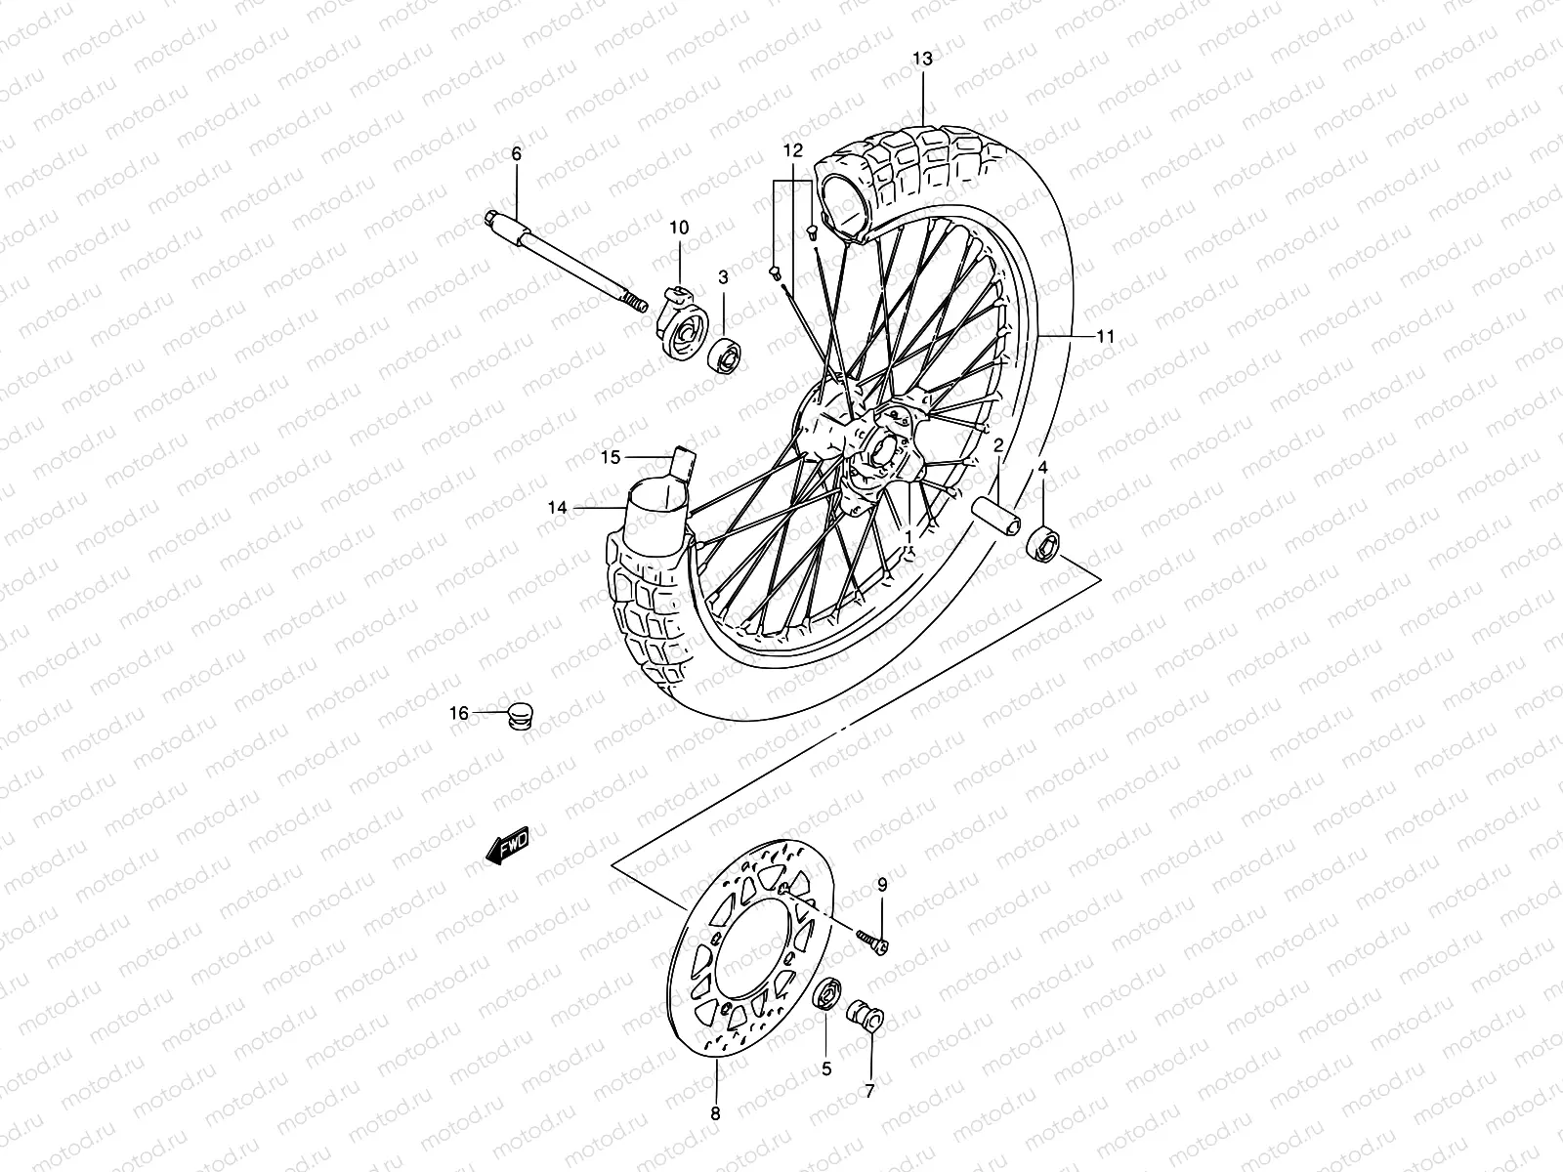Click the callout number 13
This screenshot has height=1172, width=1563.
[922, 60]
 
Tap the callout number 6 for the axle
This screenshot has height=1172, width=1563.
[517, 153]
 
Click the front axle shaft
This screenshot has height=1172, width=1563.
[567, 260]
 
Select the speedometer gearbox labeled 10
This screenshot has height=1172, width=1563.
[685, 323]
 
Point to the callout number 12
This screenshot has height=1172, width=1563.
[792, 150]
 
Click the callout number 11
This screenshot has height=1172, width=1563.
[1105, 337]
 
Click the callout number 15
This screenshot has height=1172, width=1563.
[611, 456]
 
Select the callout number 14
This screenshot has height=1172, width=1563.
[557, 507]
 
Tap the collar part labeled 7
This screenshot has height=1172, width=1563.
[867, 1017]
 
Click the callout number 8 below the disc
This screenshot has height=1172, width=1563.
[715, 1112]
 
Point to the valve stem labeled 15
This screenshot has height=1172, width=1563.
[683, 462]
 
